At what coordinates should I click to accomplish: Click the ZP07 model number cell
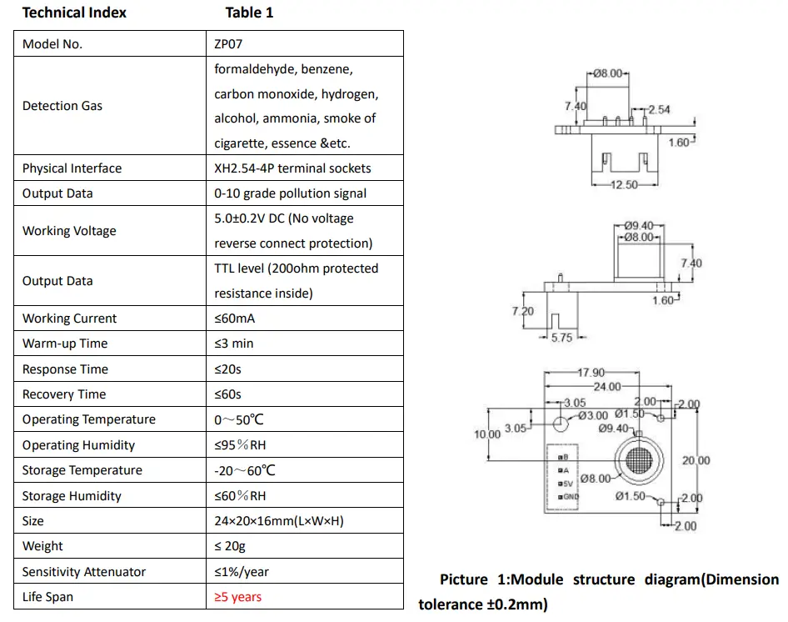(x=231, y=44)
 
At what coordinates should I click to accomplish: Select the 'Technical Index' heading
(x=74, y=13)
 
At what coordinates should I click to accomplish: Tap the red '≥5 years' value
(x=237, y=597)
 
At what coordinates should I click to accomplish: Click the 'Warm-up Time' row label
(x=65, y=344)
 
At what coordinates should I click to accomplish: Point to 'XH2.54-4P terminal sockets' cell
(x=292, y=168)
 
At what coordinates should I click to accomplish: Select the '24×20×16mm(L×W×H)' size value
(x=279, y=521)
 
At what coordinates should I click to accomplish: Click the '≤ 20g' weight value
(x=231, y=546)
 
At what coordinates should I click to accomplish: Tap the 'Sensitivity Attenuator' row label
(x=83, y=572)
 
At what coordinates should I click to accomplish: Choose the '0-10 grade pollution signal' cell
(x=290, y=193)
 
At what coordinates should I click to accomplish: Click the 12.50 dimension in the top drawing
(x=622, y=185)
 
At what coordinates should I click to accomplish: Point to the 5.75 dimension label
(x=562, y=338)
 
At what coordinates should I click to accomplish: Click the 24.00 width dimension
(x=607, y=386)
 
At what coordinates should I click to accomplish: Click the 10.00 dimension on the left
(x=487, y=434)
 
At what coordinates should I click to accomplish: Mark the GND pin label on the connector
(x=570, y=497)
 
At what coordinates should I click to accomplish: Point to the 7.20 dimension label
(x=523, y=310)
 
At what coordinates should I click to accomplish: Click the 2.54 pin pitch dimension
(x=659, y=109)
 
